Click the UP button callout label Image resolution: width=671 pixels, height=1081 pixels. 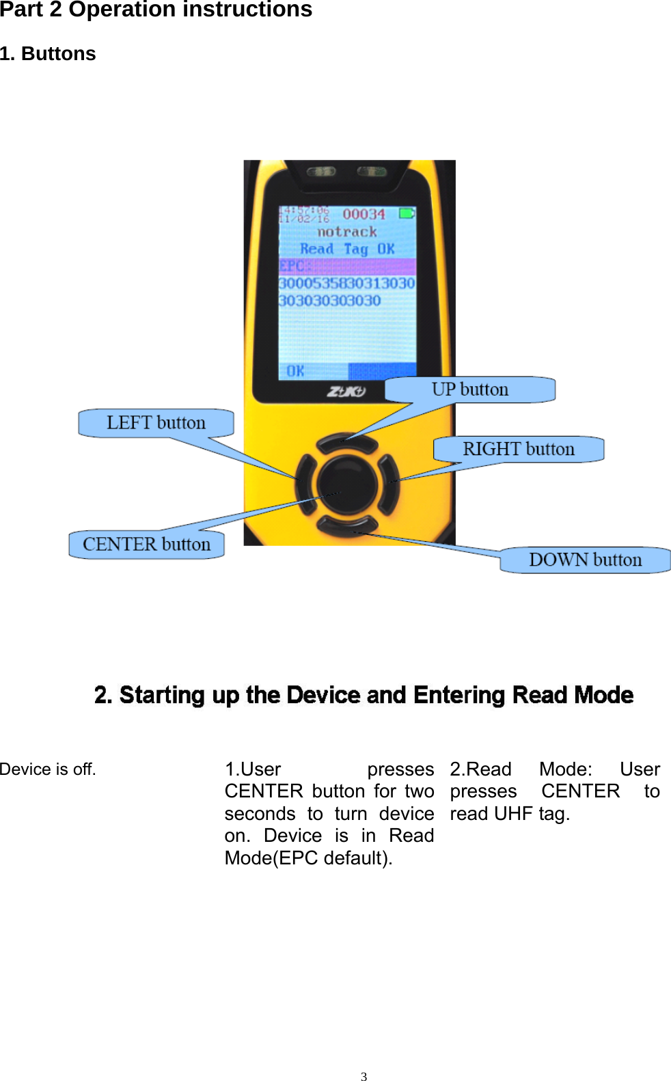click(x=470, y=389)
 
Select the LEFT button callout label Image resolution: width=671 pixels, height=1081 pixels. click(x=156, y=423)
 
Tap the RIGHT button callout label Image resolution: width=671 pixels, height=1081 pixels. click(x=519, y=449)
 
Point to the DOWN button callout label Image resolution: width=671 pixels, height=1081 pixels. click(x=585, y=560)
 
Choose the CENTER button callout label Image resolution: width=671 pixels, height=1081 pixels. click(x=146, y=545)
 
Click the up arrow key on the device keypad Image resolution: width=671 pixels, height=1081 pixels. click(x=347, y=442)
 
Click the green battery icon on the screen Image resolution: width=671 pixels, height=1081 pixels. click(x=407, y=214)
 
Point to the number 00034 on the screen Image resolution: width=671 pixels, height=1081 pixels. click(x=364, y=215)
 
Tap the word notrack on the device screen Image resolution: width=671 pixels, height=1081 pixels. click(x=347, y=232)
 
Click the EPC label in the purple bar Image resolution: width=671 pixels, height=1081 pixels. click(x=292, y=266)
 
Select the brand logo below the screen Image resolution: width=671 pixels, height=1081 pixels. click(x=346, y=392)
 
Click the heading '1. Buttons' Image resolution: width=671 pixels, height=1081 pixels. click(x=48, y=54)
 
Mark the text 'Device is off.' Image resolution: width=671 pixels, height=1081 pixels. click(x=48, y=769)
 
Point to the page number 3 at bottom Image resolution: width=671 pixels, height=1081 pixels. click(x=364, y=1076)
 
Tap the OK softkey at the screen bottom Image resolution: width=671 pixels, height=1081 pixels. click(x=295, y=371)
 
